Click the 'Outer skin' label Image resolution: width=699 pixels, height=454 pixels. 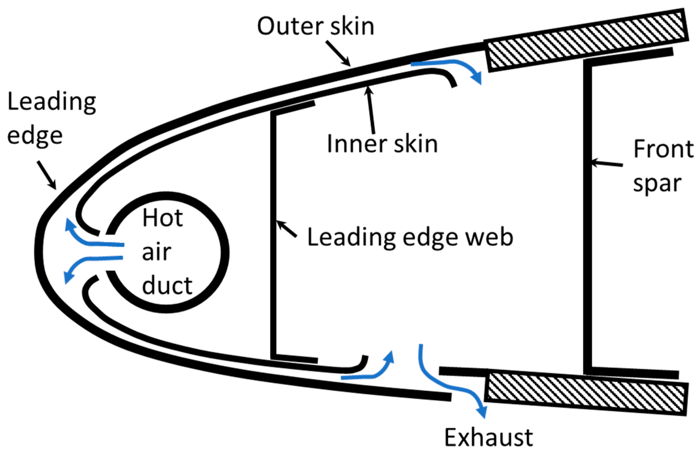[316, 26]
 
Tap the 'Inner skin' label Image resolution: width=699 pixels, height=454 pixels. [382, 144]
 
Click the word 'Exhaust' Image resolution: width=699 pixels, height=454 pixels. [488, 438]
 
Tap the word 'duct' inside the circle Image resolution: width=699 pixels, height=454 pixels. [167, 285]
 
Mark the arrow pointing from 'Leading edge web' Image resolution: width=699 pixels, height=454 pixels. [287, 229]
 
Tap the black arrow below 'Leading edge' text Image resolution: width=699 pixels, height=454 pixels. [47, 175]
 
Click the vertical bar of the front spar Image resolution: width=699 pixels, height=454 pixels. [587, 217]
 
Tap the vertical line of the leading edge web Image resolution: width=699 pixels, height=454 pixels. [273, 235]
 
